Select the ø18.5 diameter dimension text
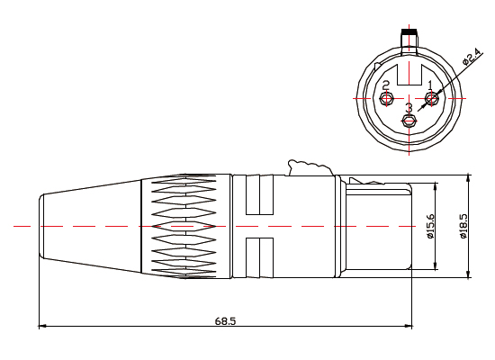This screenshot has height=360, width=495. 463,225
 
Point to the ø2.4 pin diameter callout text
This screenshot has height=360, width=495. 471,55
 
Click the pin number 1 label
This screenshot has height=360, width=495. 430,85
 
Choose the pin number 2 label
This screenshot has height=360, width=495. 386,85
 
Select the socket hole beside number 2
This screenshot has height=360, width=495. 387,98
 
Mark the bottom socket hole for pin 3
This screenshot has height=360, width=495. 409,121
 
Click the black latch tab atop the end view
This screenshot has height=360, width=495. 409,32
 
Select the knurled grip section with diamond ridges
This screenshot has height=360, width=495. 185,225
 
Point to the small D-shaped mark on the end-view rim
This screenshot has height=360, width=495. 377,65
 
